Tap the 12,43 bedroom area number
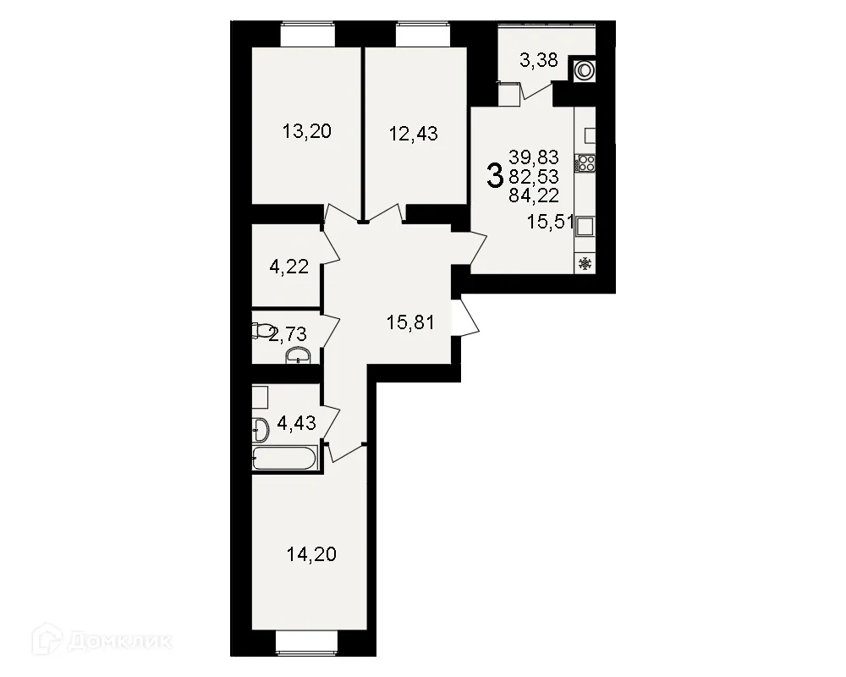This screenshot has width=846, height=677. (x=413, y=133)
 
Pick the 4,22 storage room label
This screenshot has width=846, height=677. (x=288, y=268)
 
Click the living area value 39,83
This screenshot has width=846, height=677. (x=534, y=157)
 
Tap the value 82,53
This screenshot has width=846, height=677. (x=534, y=176)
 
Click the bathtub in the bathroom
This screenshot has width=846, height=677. (x=285, y=458)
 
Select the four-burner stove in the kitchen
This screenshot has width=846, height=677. (x=585, y=163)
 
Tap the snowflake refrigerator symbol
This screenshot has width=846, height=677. (x=585, y=264)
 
